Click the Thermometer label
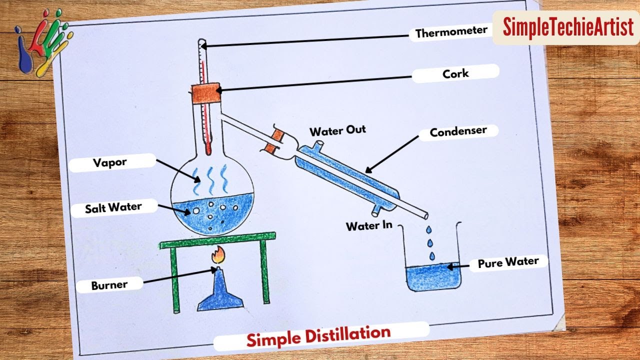coord(451,32)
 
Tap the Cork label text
coord(455,74)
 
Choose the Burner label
coord(109,285)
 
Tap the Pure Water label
coord(508,262)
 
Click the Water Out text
coord(337,131)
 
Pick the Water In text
coord(369,226)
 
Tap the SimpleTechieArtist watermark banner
coord(567,27)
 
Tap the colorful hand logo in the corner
coord(42,42)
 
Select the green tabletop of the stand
coord(217,240)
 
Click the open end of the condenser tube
coord(425,214)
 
